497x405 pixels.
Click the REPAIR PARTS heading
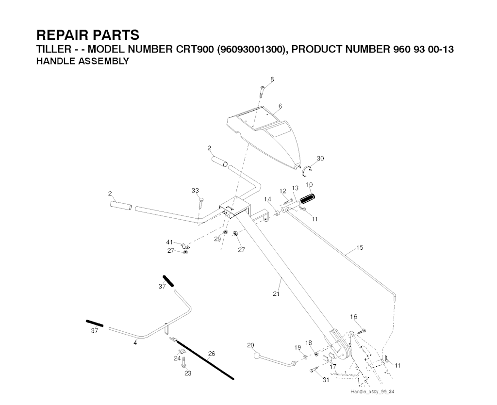[87, 35]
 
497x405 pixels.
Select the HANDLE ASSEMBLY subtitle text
[83, 61]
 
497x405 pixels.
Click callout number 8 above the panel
[272, 79]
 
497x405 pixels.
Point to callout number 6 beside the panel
[281, 106]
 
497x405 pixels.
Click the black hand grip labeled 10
[308, 198]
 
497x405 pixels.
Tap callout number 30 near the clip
[320, 159]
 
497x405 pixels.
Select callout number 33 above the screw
[195, 191]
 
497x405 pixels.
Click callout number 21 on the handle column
[276, 293]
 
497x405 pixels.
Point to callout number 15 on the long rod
[360, 247]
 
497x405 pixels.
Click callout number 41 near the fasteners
[169, 242]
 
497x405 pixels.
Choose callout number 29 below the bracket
[217, 239]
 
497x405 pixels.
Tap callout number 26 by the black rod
[212, 354]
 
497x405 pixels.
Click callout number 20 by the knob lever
[250, 345]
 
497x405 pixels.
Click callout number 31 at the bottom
[326, 380]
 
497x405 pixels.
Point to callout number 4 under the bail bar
[135, 343]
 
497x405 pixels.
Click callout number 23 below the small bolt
[188, 373]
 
